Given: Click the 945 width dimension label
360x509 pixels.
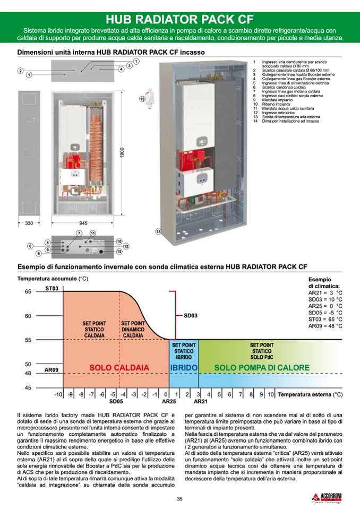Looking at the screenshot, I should click(x=83, y=223).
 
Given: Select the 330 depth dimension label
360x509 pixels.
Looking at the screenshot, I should click(x=29, y=223).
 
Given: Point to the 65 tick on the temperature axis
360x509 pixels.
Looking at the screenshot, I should click(x=28, y=291).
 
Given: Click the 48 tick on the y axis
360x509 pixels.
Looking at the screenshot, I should click(x=28, y=374).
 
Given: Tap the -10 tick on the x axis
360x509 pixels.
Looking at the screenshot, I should click(x=58, y=394).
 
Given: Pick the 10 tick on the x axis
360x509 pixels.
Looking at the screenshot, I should click(x=271, y=394).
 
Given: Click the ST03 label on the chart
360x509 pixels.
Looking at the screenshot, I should click(x=52, y=288).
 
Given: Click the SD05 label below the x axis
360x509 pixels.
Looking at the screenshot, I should click(x=116, y=402).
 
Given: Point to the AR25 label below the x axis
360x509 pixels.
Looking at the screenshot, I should click(x=169, y=402).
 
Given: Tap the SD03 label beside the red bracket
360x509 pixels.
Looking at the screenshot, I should click(x=191, y=316).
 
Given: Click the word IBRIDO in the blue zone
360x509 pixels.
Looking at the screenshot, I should click(x=184, y=367).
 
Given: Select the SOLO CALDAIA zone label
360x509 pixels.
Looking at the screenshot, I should click(x=119, y=367).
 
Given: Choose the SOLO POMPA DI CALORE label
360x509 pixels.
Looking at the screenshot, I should click(x=261, y=367).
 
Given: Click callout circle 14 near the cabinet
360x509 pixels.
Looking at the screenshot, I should click(x=158, y=231).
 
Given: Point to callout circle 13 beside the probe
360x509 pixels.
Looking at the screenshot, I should click(x=142, y=99).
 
